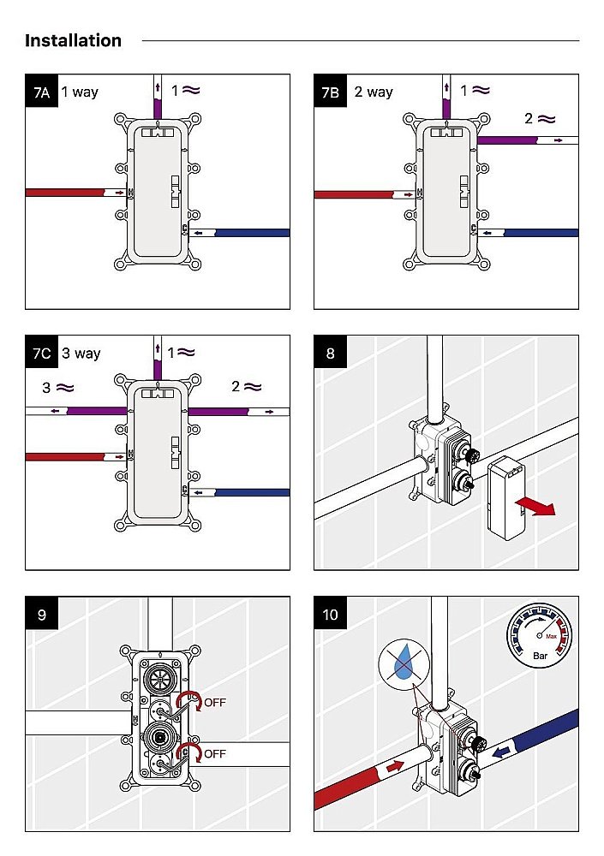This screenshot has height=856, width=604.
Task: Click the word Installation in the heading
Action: (x=73, y=40)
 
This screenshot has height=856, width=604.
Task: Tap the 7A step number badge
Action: (x=41, y=92)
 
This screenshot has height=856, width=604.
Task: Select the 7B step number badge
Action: (x=330, y=92)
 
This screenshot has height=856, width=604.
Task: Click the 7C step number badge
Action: (x=41, y=353)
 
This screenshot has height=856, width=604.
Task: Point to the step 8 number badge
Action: (x=330, y=353)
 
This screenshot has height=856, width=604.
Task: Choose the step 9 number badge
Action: (x=41, y=614)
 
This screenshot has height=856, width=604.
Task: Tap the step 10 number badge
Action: (x=330, y=614)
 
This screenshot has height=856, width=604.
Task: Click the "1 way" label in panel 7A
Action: (x=80, y=92)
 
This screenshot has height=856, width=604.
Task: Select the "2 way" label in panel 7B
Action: (x=374, y=92)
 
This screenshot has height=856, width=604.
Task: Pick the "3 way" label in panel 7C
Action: (x=81, y=353)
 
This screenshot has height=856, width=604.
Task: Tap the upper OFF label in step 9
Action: (x=215, y=703)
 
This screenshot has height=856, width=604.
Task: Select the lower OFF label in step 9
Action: (x=215, y=754)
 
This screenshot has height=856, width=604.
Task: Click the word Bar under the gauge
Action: (x=541, y=657)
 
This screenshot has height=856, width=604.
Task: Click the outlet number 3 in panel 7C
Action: (x=46, y=388)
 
